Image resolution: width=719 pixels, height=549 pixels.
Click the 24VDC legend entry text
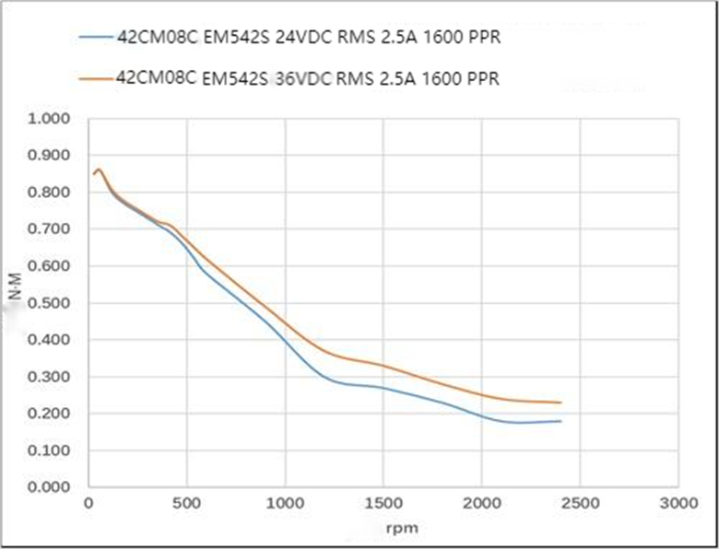pos(309,41)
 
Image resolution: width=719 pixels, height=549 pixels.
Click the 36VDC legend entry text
pos(309,79)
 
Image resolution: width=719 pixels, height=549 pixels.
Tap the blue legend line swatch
pos(97,41)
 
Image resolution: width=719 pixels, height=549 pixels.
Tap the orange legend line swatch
pos(97,79)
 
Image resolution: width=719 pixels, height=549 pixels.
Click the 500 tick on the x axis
pos(187,503)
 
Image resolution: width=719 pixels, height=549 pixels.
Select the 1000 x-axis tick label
pos(285,503)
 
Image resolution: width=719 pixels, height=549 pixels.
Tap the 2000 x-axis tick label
pos(481,503)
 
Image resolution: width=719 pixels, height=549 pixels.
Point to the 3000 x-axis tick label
pos(678,503)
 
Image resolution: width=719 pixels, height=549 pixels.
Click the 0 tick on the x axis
pos(88,503)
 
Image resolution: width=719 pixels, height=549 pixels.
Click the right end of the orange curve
pos(560,403)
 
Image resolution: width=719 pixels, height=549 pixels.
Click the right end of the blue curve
pos(560,421)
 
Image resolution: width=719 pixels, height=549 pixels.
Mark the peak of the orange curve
pos(99,169)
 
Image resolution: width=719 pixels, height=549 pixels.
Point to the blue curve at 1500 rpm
pos(383,388)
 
